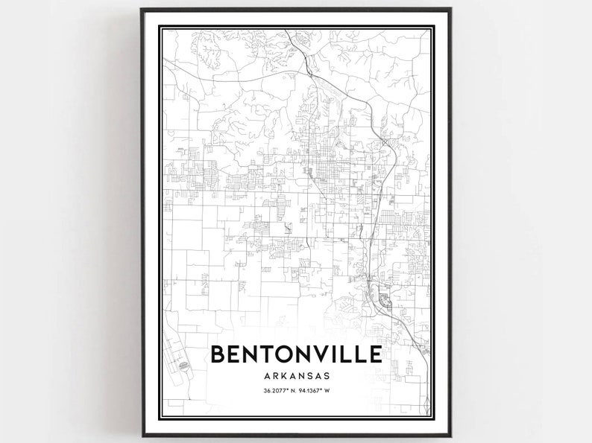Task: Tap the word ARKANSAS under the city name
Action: pyautogui.click(x=296, y=377)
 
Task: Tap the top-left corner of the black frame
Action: pyautogui.click(x=142, y=10)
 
